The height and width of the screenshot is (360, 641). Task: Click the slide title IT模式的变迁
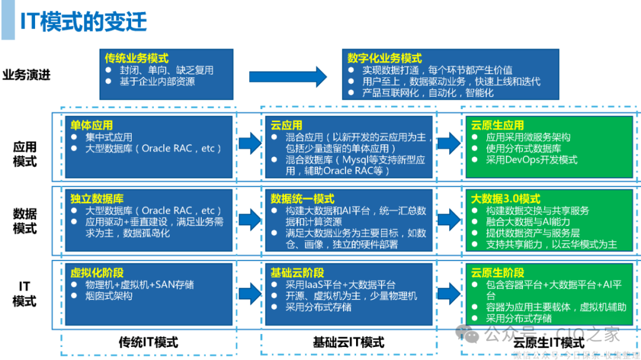point(84,22)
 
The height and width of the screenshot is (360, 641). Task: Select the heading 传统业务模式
point(137,58)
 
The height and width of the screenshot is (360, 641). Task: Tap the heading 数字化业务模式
point(385,58)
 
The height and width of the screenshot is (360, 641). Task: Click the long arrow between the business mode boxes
point(288,76)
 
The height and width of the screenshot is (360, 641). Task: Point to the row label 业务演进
point(27,75)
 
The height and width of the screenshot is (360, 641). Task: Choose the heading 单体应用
point(91,125)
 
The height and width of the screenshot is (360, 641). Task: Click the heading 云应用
point(286,125)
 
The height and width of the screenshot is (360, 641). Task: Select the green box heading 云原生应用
point(497,125)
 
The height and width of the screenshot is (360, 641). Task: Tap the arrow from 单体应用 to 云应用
point(249,143)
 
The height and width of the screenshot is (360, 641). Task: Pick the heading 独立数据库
point(97,199)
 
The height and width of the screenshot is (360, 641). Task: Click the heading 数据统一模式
point(302,199)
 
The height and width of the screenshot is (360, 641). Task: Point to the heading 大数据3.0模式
point(505,199)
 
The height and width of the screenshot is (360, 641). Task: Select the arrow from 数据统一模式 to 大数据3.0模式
point(449,219)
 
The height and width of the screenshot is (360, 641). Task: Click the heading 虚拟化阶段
point(97,273)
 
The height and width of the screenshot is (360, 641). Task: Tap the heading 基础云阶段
point(297,273)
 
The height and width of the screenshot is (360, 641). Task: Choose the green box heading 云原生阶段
point(497,273)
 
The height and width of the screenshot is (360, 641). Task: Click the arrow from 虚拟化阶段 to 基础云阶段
point(249,291)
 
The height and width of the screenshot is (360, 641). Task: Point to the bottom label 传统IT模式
point(148,342)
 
